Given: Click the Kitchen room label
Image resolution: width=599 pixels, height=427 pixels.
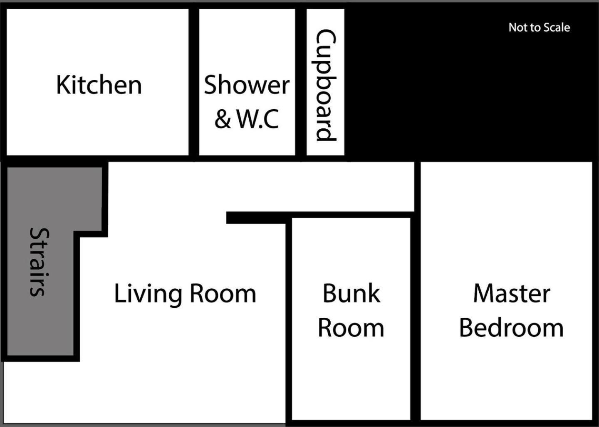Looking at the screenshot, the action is coord(99,85).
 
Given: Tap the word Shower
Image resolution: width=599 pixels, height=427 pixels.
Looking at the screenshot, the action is coord(247,85).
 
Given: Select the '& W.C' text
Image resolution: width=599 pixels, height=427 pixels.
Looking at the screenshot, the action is coord(247,118).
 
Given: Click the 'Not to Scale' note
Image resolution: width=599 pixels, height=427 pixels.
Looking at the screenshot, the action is coord(539,27).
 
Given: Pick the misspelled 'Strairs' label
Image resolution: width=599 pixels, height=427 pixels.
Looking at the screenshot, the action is coord(39,262).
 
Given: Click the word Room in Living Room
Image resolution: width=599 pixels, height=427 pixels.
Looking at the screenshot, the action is coord(223,294).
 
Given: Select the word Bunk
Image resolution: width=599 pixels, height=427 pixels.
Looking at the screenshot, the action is coord(351,293).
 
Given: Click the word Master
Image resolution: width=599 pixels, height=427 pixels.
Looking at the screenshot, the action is coord(512,293).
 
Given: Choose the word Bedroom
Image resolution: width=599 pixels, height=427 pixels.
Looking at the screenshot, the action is coord(512,327).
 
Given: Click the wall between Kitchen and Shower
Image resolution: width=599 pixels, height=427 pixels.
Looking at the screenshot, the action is coord(194,82).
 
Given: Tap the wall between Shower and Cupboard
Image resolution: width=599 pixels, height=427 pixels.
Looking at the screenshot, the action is coord(301,82).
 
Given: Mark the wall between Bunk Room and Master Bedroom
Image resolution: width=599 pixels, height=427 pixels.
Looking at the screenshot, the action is coord(415,291).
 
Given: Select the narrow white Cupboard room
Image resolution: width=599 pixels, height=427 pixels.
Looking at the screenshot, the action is coord(325,82).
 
